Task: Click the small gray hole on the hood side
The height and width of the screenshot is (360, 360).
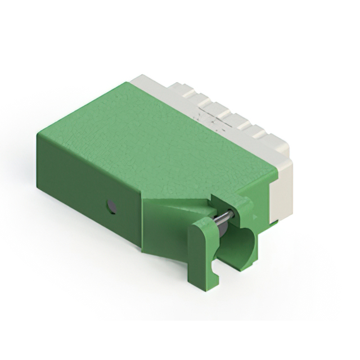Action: pyautogui.click(x=112, y=206)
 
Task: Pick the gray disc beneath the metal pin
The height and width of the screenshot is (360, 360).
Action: pyautogui.click(x=221, y=227)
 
